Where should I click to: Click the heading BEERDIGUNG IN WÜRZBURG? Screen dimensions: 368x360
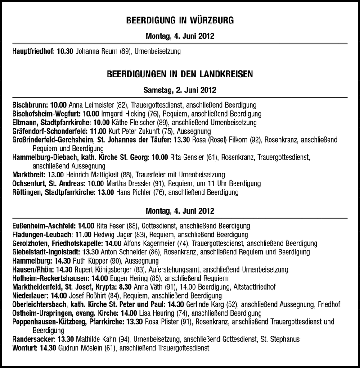point(180,21)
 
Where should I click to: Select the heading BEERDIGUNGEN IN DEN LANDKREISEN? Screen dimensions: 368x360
point(180,73)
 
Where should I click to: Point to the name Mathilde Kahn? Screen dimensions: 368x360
point(95,339)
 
